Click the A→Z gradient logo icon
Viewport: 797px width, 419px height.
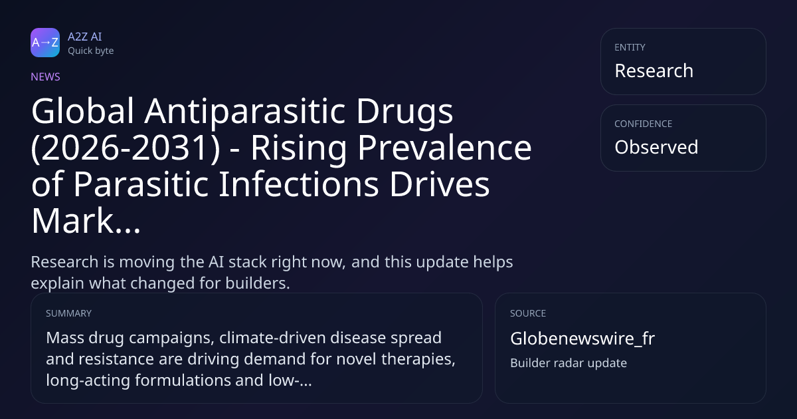pyautogui.click(x=45, y=43)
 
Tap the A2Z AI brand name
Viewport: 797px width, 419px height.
pyautogui.click(x=85, y=37)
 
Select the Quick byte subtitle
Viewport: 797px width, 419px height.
pyautogui.click(x=91, y=51)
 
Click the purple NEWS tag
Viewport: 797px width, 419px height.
pyautogui.click(x=46, y=76)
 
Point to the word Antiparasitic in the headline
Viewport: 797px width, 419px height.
pyautogui.click(x=245, y=111)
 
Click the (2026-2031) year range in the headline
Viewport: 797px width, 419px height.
pyautogui.click(x=126, y=148)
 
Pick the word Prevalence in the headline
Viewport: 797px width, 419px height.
pyautogui.click(x=444, y=148)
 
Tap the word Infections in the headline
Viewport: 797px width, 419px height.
pyautogui.click(x=298, y=184)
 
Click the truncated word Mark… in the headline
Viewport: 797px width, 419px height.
pyautogui.click(x=86, y=221)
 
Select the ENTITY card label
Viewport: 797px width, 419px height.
pyautogui.click(x=630, y=47)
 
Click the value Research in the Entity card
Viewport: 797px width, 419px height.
pyautogui.click(x=654, y=70)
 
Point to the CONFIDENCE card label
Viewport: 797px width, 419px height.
pyautogui.click(x=644, y=124)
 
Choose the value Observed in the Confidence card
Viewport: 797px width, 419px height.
pyautogui.click(x=656, y=147)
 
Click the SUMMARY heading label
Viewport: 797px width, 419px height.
pyautogui.click(x=68, y=313)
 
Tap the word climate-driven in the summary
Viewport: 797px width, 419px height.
pyautogui.click(x=272, y=338)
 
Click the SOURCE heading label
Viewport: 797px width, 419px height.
pyautogui.click(x=528, y=313)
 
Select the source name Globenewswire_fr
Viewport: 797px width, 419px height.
pyautogui.click(x=582, y=339)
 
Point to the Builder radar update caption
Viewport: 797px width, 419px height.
pyautogui.click(x=569, y=363)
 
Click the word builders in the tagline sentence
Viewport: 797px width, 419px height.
pyautogui.click(x=258, y=283)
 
